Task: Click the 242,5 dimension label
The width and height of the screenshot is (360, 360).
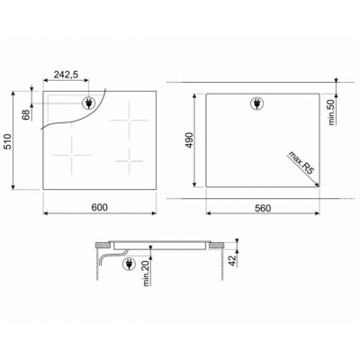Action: click(66, 75)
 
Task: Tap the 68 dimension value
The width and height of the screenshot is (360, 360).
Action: click(27, 115)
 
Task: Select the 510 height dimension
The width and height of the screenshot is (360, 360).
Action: click(7, 141)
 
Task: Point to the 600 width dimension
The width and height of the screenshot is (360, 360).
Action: click(100, 207)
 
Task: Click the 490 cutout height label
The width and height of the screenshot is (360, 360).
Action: click(189, 140)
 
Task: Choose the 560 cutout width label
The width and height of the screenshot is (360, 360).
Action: click(263, 208)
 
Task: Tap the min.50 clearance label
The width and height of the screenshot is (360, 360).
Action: click(332, 112)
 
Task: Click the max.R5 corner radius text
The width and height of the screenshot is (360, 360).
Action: click(301, 163)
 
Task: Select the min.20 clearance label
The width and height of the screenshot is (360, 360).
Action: click(146, 274)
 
